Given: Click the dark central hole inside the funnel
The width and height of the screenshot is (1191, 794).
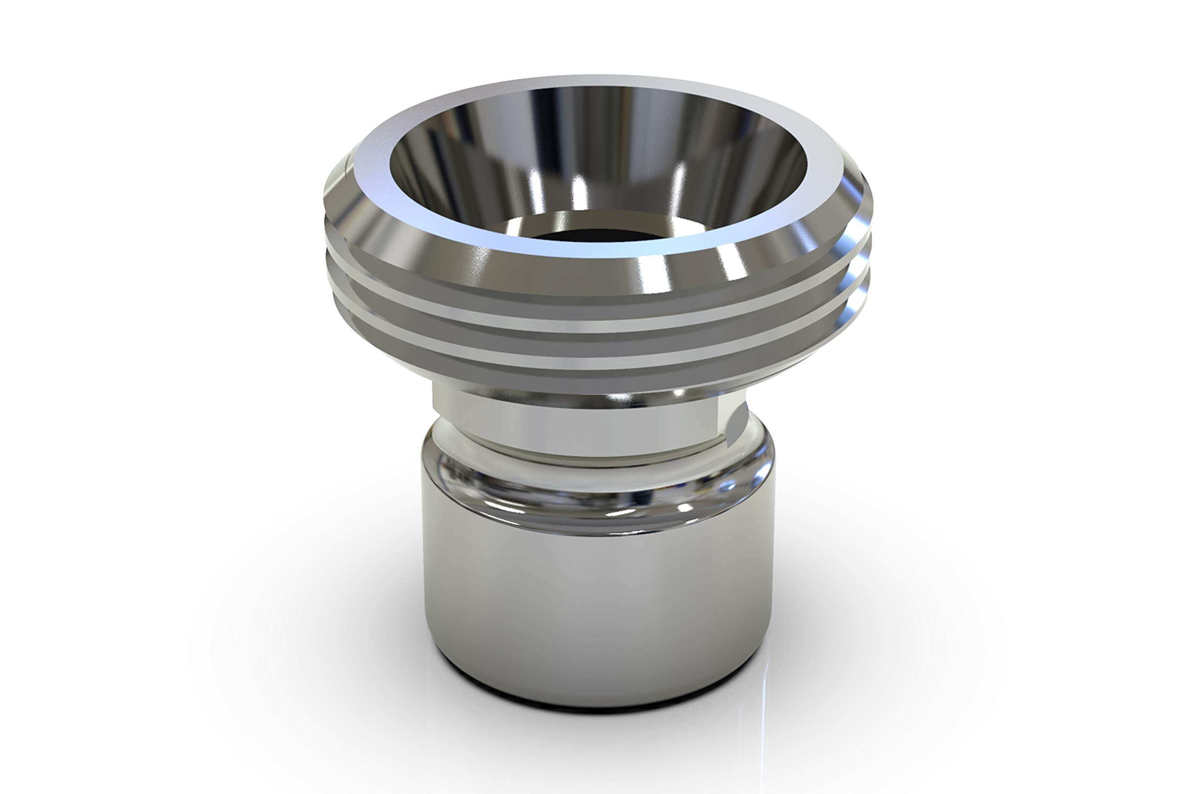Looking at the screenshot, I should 597,236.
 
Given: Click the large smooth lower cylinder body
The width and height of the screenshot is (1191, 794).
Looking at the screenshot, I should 597,607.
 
